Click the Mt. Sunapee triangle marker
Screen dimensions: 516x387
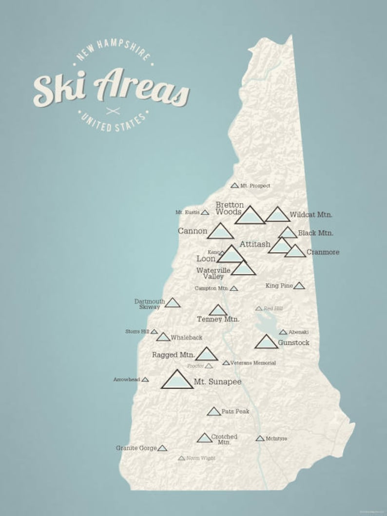coord(177,381)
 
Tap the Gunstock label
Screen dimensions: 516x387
coord(293,343)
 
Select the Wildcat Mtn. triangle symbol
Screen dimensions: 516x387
coord(278,215)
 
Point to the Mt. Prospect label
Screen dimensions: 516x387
coord(255,186)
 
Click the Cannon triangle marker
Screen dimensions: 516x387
coord(220,232)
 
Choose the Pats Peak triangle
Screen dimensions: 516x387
coord(213,412)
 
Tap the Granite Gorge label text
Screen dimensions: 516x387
coord(136,448)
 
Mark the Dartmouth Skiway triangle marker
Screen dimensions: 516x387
coord(173,303)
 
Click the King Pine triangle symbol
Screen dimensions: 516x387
coord(299,286)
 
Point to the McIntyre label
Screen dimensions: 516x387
coord(276,439)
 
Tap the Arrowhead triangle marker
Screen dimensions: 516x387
coord(145,379)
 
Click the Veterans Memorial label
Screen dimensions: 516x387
coord(253,363)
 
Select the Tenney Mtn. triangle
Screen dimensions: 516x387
coord(218,310)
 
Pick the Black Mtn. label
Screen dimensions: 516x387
coord(316,233)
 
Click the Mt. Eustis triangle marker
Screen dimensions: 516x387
coord(205,212)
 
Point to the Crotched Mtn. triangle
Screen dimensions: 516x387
coord(205,438)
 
